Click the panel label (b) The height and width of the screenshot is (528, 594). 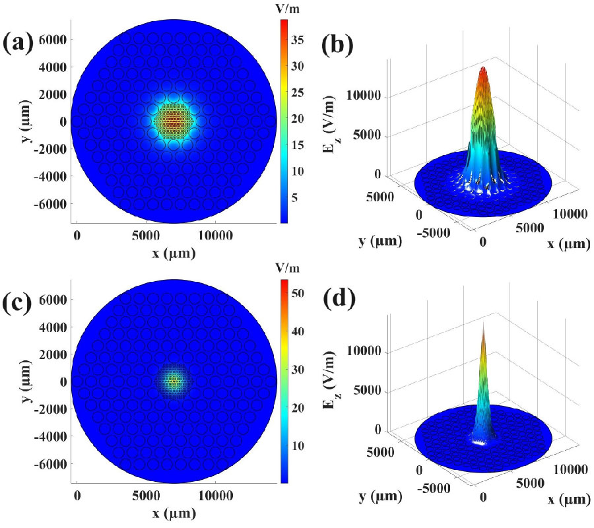338,46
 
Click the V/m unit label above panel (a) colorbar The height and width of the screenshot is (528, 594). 285,9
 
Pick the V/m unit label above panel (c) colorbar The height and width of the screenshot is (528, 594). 285,267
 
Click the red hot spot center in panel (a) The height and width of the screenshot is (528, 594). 173,121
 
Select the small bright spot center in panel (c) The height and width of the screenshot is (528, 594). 173,381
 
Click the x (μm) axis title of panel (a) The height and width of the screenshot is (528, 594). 173,252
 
